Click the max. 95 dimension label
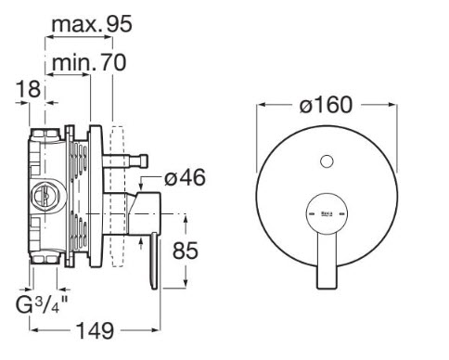pyautogui.click(x=92, y=24)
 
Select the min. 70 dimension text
pyautogui.click(x=89, y=62)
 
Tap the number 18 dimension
pyautogui.click(x=28, y=89)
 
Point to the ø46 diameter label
pyautogui.click(x=185, y=177)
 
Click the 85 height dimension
pyautogui.click(x=185, y=251)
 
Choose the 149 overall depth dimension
pyautogui.click(x=95, y=330)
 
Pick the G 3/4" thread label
pyautogui.click(x=42, y=304)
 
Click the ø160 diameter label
pyautogui.click(x=326, y=105)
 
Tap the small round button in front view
pyautogui.click(x=327, y=161)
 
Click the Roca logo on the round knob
pyautogui.click(x=327, y=213)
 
